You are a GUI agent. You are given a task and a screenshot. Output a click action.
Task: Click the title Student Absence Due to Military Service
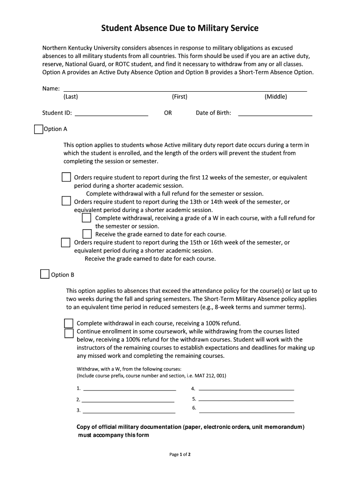coord(180,29)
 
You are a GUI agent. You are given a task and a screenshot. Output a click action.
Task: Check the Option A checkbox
coord(38,129)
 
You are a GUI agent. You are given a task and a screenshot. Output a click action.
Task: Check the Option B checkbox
coord(45,275)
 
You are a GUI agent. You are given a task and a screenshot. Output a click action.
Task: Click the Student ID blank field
coord(111,112)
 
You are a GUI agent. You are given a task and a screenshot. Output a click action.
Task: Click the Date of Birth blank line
coord(275,112)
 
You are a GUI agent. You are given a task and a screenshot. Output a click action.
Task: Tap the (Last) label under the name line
coord(71,97)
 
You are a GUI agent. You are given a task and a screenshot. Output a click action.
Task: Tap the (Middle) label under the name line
coord(275,97)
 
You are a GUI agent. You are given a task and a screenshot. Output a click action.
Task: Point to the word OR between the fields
coord(168,113)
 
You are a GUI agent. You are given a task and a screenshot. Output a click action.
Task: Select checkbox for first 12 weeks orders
coord(66,177)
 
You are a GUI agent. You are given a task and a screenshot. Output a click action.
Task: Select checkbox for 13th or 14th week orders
coord(66,202)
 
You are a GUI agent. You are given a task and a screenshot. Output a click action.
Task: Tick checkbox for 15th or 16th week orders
coord(66,242)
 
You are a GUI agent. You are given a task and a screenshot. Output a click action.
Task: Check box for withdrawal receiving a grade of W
coord(87,218)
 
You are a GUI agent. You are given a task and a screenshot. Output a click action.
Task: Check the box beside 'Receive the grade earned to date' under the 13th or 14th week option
coord(87,234)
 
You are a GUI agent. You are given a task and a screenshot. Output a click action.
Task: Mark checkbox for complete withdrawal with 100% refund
coord(69,323)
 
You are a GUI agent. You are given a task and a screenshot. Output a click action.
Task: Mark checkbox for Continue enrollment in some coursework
coord(69,333)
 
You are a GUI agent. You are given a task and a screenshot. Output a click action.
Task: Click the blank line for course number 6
coord(246,411)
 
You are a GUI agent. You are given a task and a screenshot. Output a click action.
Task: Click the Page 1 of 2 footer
coord(180,454)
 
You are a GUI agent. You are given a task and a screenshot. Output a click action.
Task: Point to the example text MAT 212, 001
coord(210,376)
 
